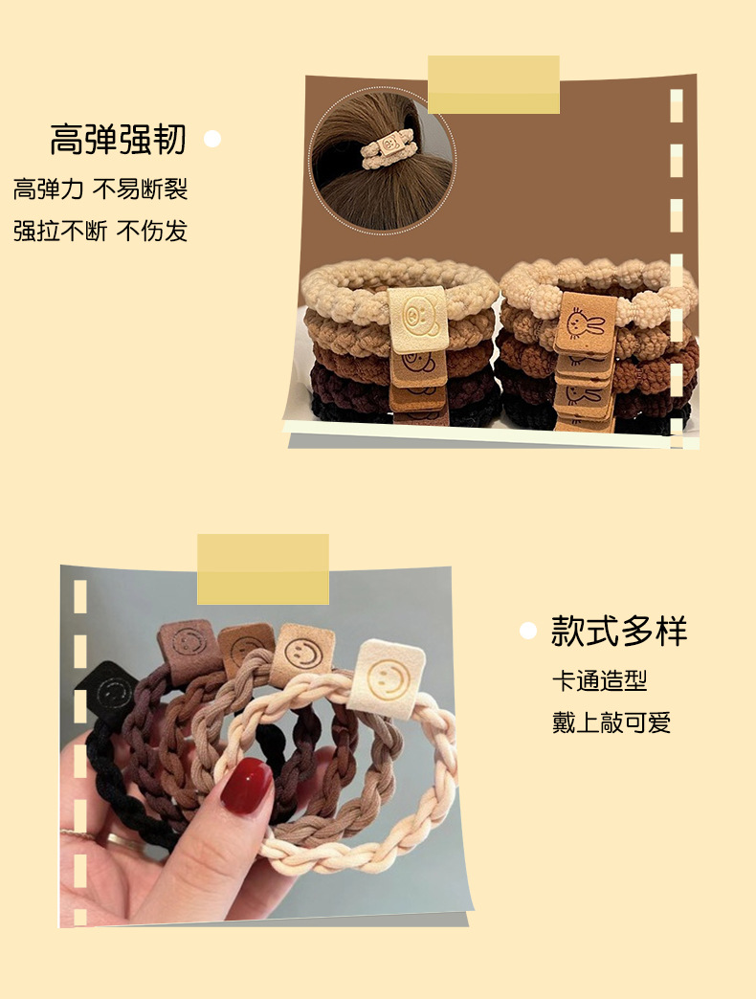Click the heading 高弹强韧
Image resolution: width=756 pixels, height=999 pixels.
point(118,140)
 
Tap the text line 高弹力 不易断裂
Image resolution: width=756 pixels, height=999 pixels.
point(100,189)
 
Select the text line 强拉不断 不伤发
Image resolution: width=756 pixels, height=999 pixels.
point(100,231)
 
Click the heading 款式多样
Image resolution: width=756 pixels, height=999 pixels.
point(619,631)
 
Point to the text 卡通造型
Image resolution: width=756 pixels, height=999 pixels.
point(599,681)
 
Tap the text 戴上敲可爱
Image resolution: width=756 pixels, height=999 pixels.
point(611,722)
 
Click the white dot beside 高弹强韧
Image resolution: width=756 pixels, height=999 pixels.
point(212,140)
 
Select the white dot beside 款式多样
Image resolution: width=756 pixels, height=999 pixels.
point(527,631)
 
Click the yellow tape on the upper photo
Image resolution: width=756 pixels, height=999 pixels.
point(493,84)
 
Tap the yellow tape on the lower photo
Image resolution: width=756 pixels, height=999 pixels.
point(262,568)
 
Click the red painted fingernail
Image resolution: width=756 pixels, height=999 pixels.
point(246,787)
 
